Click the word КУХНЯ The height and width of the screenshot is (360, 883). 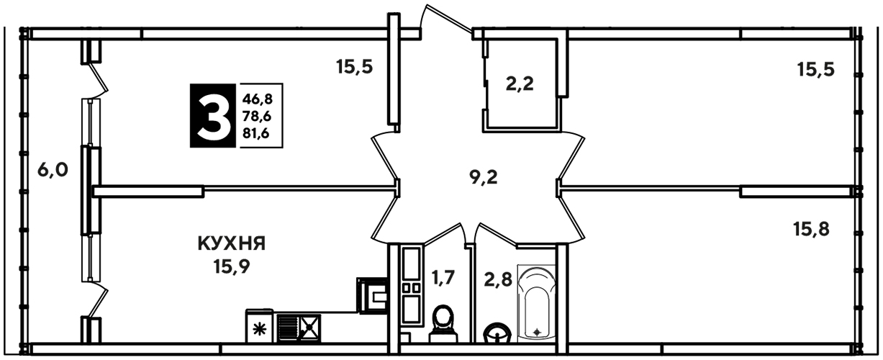tap(232, 243)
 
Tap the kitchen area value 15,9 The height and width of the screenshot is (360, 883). tap(232, 267)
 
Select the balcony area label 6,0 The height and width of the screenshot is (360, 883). tap(53, 171)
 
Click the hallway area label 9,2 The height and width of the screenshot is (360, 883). tap(484, 177)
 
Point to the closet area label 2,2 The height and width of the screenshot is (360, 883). tap(520, 84)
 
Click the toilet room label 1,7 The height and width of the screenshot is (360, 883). tap(443, 277)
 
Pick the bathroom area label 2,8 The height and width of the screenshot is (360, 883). tap(498, 279)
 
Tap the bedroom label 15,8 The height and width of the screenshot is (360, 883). tap(811, 229)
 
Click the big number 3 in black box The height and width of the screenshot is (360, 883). tap(213, 115)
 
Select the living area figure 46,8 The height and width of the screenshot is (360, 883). tap(258, 99)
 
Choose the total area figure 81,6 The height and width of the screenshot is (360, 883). tap(256, 134)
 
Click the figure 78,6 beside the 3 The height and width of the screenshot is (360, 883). tap(258, 117)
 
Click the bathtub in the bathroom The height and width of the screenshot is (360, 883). tap(537, 305)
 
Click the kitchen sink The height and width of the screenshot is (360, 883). tap(299, 328)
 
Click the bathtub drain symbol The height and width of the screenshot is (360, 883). tap(537, 332)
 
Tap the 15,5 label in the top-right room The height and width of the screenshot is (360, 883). tap(816, 69)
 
